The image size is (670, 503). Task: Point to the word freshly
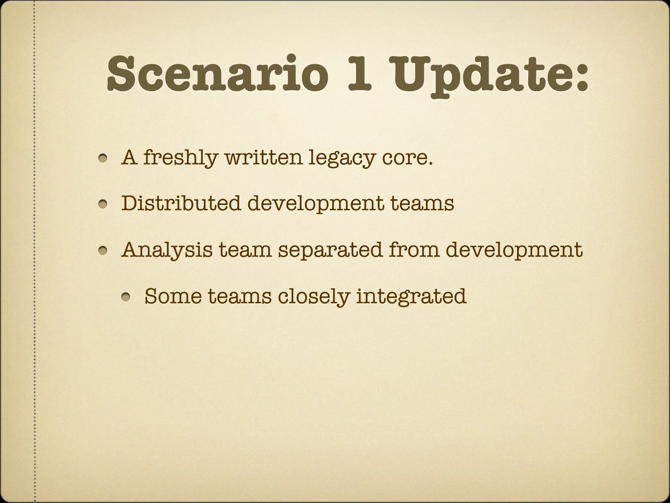click(180, 158)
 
